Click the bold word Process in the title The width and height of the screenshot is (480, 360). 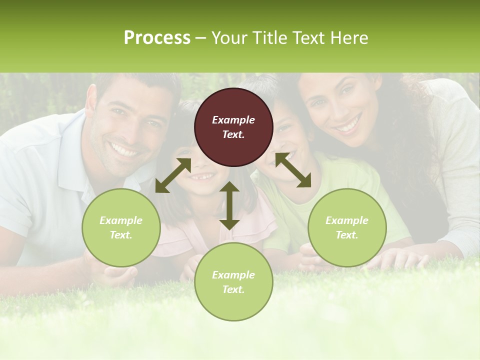(157, 38)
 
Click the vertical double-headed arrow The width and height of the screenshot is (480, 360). (229, 205)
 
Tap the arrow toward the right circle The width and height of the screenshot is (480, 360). (293, 170)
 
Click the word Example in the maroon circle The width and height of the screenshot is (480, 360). (233, 120)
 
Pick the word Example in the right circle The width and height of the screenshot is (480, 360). (347, 220)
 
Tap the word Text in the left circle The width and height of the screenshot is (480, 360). (120, 235)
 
